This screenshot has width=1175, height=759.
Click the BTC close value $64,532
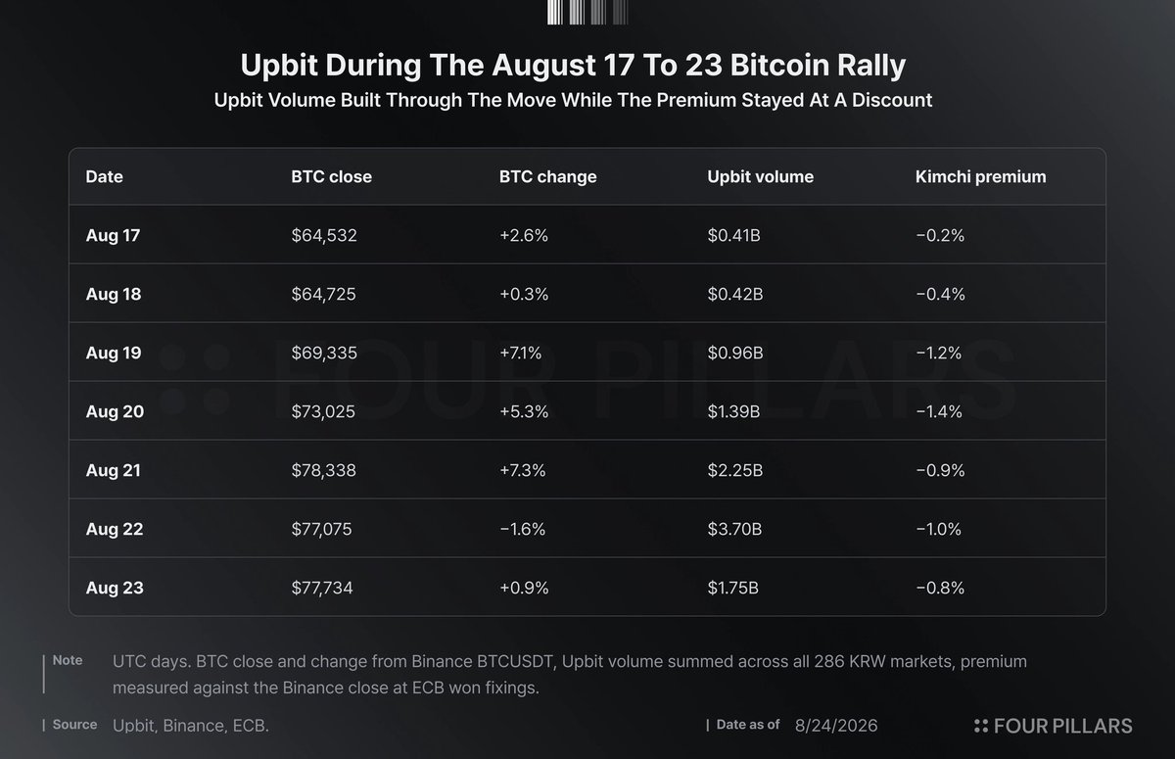coord(324,235)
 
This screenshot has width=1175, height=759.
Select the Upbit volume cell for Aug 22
coord(734,529)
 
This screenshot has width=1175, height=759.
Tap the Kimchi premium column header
coord(980,176)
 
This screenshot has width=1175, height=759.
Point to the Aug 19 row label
coord(114,353)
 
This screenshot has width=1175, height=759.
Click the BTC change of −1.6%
coord(523,529)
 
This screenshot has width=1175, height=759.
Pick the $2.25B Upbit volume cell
coord(735,470)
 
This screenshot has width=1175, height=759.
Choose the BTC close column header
coord(332,176)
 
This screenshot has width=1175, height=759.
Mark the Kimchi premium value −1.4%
coord(939,411)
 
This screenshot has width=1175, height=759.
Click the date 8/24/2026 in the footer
coord(836,726)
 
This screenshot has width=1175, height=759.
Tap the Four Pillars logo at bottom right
coord(1054,726)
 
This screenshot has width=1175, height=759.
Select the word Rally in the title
coord(871,66)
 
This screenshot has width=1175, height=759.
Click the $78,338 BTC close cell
coord(324,470)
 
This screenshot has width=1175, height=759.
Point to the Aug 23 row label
coord(115,588)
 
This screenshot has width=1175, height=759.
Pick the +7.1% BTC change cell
coord(520,353)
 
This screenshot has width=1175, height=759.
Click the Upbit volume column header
coord(761,176)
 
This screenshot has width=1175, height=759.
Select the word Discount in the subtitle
coord(892,100)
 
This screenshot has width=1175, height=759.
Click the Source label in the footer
coord(74,725)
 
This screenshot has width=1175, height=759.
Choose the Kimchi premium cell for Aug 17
coord(940,235)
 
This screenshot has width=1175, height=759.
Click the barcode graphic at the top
coord(587,12)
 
